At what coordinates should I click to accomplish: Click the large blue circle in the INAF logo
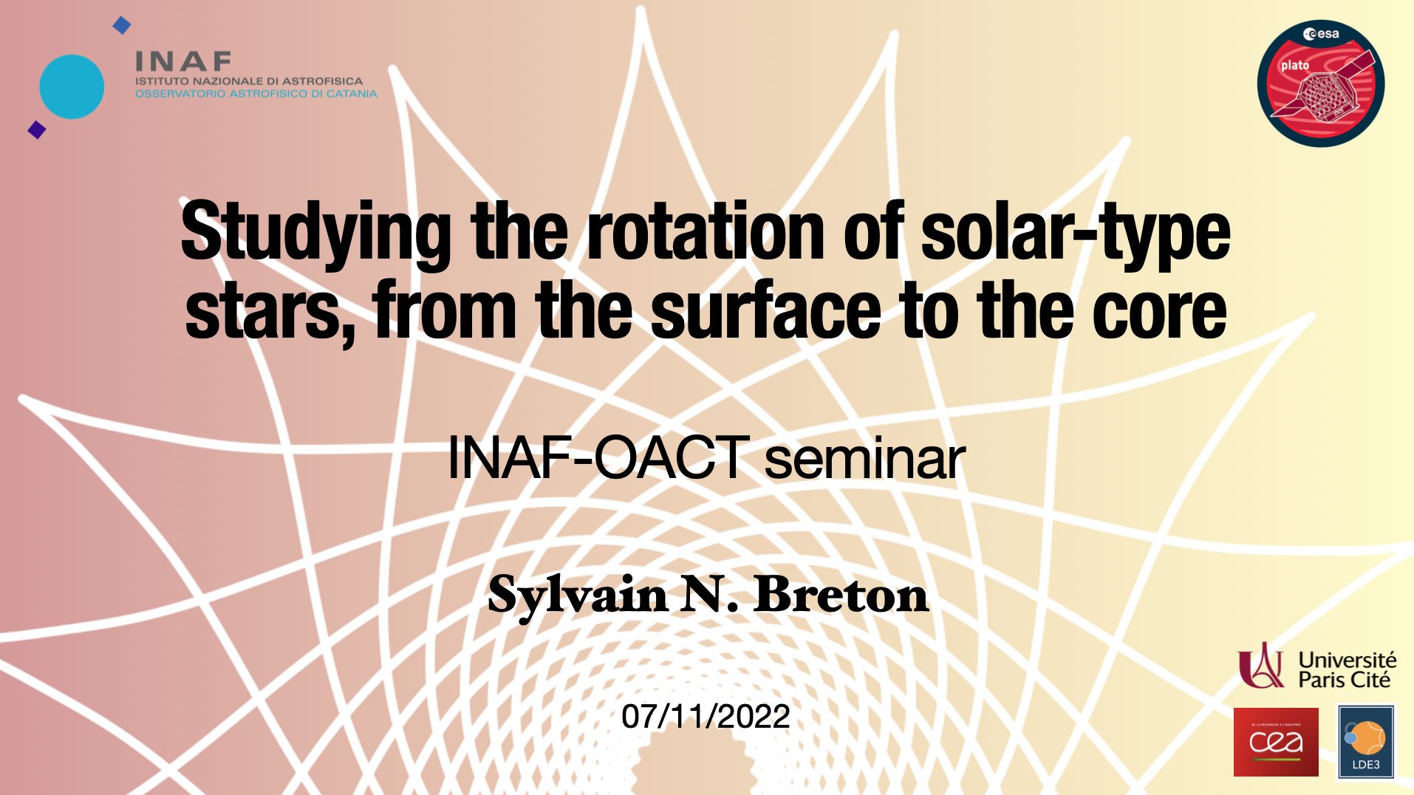tap(72, 86)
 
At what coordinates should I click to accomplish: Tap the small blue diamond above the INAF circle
tap(121, 26)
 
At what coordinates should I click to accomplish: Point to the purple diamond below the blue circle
tap(37, 130)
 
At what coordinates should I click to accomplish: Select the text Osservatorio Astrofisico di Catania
tap(256, 94)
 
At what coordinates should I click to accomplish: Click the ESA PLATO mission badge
tap(1320, 83)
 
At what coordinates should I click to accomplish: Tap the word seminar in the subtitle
tap(864, 459)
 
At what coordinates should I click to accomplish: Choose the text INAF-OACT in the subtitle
tap(598, 457)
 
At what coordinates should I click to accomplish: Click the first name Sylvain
tap(578, 596)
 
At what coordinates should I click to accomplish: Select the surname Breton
tap(841, 594)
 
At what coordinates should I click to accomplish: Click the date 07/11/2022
tap(706, 716)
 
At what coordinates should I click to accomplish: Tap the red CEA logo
tap(1276, 742)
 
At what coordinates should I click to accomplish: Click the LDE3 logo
tap(1366, 742)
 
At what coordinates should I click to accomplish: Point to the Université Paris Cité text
tap(1348, 669)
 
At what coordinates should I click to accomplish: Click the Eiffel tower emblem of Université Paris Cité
tap(1261, 665)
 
